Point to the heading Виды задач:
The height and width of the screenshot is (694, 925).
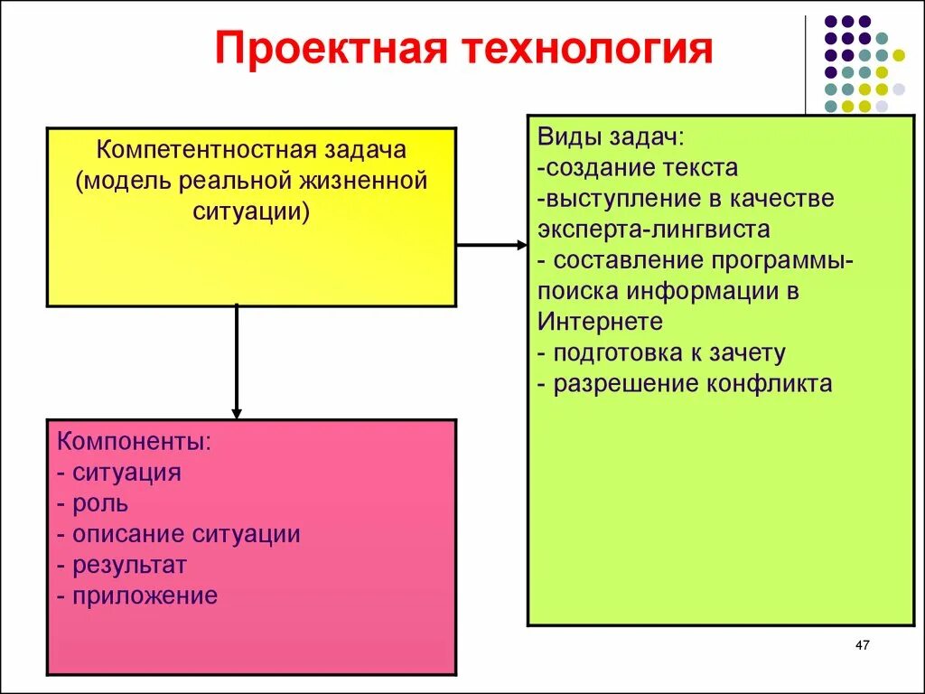coord(611,137)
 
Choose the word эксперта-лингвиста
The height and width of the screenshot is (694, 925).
coord(654,230)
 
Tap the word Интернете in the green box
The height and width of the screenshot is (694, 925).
coord(601,322)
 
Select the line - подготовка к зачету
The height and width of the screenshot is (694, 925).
coord(661,352)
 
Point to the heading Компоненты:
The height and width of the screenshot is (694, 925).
coord(135,442)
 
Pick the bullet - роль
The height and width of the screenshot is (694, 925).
coord(92,503)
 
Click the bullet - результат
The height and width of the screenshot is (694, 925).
coord(121,565)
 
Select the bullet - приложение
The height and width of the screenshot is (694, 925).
coord(137,596)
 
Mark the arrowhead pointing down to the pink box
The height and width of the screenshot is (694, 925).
coord(237,413)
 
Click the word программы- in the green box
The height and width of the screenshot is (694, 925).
coord(781,260)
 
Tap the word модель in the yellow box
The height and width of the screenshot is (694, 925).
coord(125,180)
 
